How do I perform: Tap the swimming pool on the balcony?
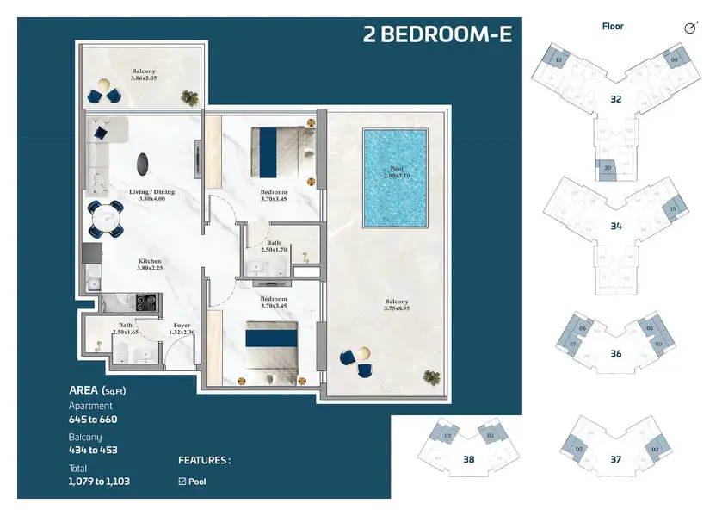tap(394, 179)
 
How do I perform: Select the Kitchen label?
tap(150, 264)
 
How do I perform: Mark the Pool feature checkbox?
tap(182, 481)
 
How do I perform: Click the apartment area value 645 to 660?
tap(93, 420)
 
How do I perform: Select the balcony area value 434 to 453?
tap(93, 450)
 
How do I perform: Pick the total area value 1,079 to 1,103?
tap(99, 481)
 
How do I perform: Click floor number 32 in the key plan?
tap(616, 98)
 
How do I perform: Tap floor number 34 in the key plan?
tap(616, 227)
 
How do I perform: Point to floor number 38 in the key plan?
tap(468, 459)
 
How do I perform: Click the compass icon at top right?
tap(690, 28)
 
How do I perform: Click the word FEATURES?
tap(204, 460)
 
